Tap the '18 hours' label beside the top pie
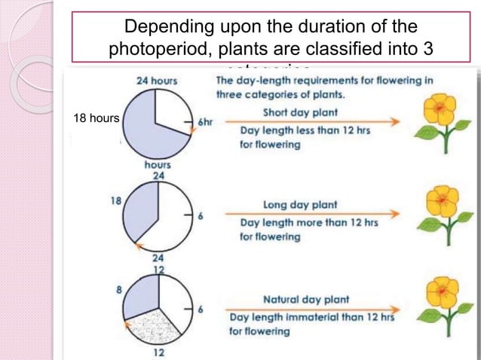(x=96, y=118)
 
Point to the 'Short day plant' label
(x=299, y=112)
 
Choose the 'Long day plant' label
(x=299, y=204)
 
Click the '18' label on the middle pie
(x=116, y=202)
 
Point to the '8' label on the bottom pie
(x=119, y=288)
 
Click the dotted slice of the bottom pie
(x=155, y=322)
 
